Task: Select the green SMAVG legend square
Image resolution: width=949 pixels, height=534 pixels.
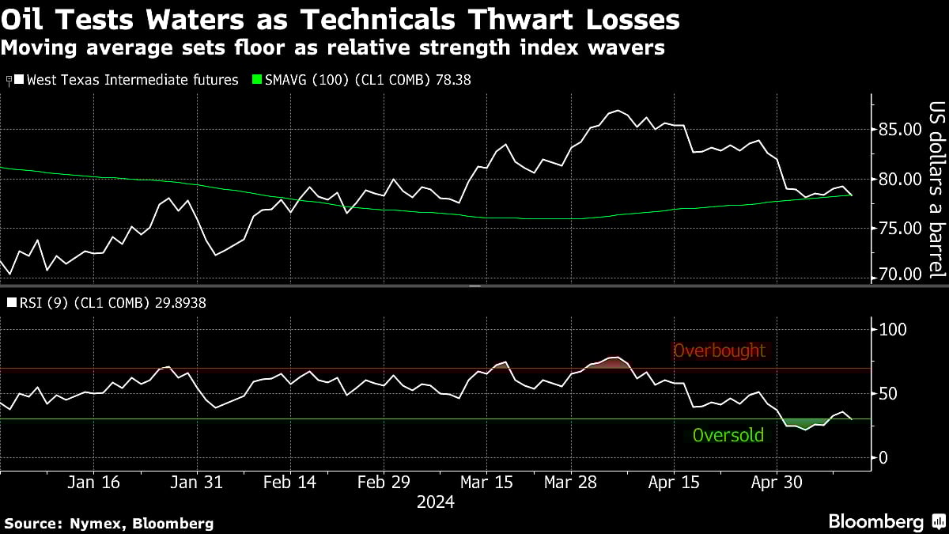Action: point(256,80)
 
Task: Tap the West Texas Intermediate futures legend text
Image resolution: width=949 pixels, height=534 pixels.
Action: point(132,80)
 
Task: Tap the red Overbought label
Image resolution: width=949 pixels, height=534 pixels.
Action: point(719,350)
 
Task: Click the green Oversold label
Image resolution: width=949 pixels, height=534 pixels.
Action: point(728,434)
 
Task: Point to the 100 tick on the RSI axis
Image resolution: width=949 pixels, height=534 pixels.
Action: point(890,329)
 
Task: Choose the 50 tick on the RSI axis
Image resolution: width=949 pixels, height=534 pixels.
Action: point(886,393)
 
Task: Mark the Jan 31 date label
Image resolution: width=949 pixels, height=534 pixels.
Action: point(196,482)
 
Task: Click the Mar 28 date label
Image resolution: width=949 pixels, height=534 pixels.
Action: point(571,482)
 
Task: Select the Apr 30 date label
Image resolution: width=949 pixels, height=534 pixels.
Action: point(776,482)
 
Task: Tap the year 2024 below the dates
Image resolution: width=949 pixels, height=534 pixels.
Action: point(435,502)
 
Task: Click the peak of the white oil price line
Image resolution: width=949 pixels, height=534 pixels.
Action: point(616,111)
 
